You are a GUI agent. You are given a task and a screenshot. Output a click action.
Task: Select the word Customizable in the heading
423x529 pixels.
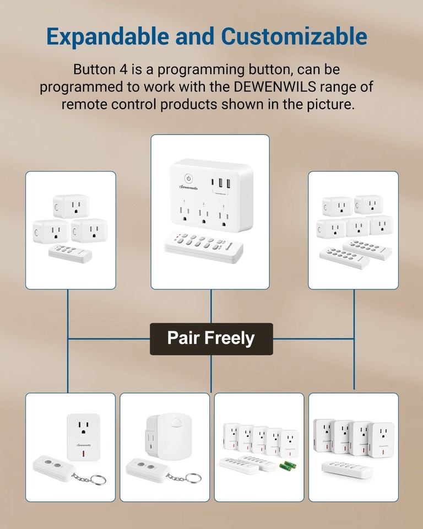point(294,36)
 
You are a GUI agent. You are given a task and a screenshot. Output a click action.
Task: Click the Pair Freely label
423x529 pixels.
point(211,338)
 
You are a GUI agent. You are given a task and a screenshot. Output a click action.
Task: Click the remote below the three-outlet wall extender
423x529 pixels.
point(204,247)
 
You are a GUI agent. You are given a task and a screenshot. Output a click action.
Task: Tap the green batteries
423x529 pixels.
point(288,466)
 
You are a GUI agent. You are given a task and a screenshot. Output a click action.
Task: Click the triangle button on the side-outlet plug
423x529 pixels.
point(176,423)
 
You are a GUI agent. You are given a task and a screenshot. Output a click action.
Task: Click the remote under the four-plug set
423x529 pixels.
point(348,468)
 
